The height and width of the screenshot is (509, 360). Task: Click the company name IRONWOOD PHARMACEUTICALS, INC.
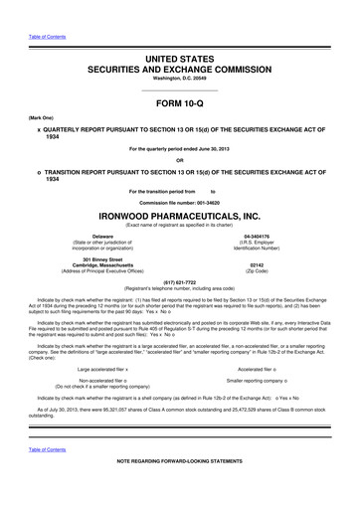(179, 213)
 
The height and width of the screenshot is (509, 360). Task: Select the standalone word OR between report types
(179, 161)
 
